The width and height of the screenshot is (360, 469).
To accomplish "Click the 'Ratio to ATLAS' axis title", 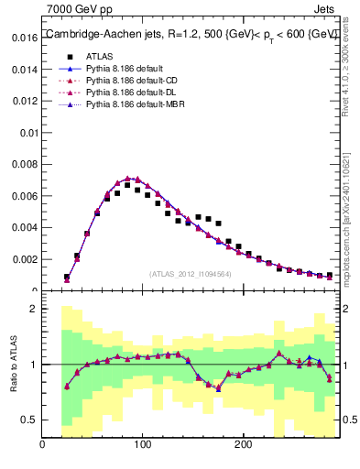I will (12, 364).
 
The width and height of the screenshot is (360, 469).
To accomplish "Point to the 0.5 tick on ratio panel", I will (29, 420).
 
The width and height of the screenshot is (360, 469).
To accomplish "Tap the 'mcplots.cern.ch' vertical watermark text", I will (352, 211).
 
